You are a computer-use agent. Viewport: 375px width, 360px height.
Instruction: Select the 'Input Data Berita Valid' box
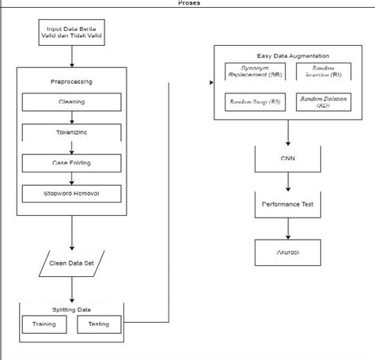[71, 34]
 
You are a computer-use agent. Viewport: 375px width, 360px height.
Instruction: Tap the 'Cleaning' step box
[71, 102]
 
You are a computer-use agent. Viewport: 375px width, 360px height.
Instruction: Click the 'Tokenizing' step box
[71, 133]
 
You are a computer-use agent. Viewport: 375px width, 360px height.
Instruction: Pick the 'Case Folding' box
[71, 163]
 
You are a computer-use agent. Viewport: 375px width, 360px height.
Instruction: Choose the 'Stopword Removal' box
[71, 193]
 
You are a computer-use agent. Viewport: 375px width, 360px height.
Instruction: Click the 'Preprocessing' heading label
[71, 81]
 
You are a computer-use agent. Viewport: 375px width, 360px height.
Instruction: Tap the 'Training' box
[44, 324]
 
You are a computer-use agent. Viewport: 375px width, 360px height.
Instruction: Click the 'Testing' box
[99, 324]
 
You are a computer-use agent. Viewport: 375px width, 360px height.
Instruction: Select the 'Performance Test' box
[287, 204]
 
